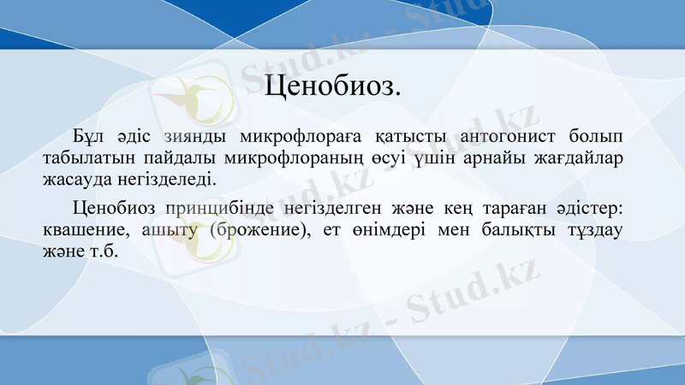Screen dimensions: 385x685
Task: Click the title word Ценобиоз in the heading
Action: [x=334, y=86]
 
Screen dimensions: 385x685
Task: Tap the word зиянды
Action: [x=194, y=137]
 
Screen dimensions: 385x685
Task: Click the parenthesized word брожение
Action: [x=259, y=231]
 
